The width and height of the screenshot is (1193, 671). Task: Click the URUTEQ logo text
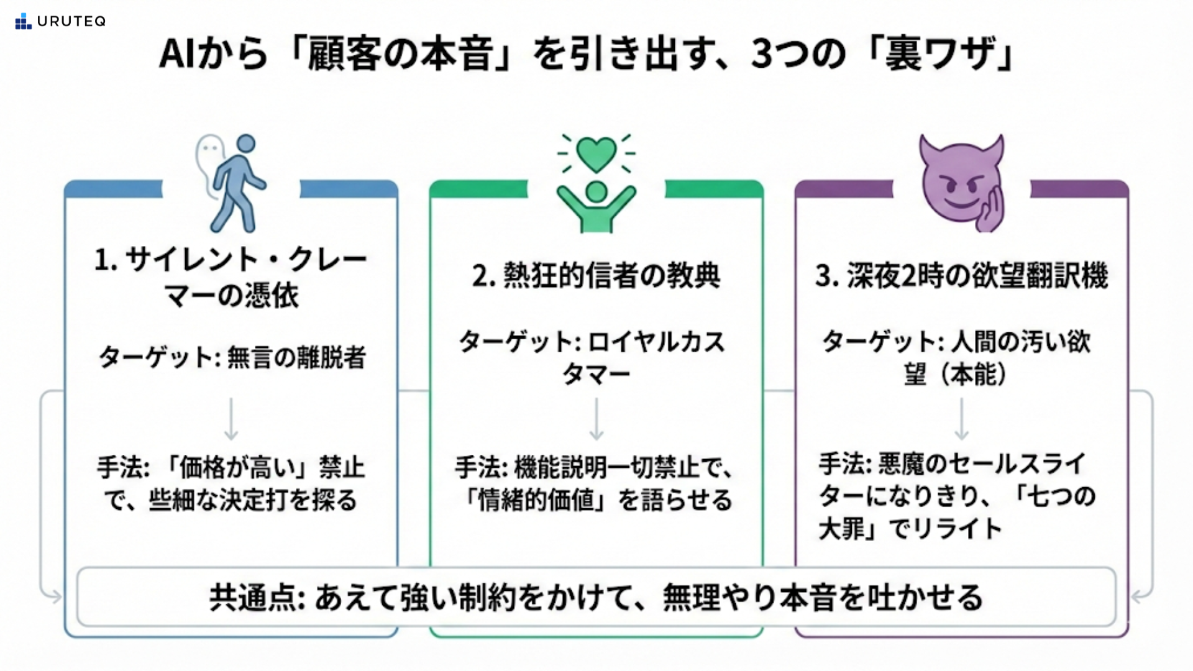click(x=71, y=22)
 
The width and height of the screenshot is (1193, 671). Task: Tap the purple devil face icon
click(x=960, y=183)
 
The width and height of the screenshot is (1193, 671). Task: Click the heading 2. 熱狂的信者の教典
click(x=596, y=275)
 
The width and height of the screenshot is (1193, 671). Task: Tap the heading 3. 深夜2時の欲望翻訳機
click(x=961, y=275)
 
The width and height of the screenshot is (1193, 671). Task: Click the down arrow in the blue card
click(x=231, y=419)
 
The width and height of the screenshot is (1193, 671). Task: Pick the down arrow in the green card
click(x=596, y=419)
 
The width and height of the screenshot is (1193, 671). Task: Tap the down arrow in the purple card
click(x=961, y=419)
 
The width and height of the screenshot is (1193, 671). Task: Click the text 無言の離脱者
click(x=296, y=357)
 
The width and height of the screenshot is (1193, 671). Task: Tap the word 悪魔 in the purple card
click(x=900, y=463)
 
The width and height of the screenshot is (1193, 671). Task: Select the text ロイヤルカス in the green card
click(x=656, y=342)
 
